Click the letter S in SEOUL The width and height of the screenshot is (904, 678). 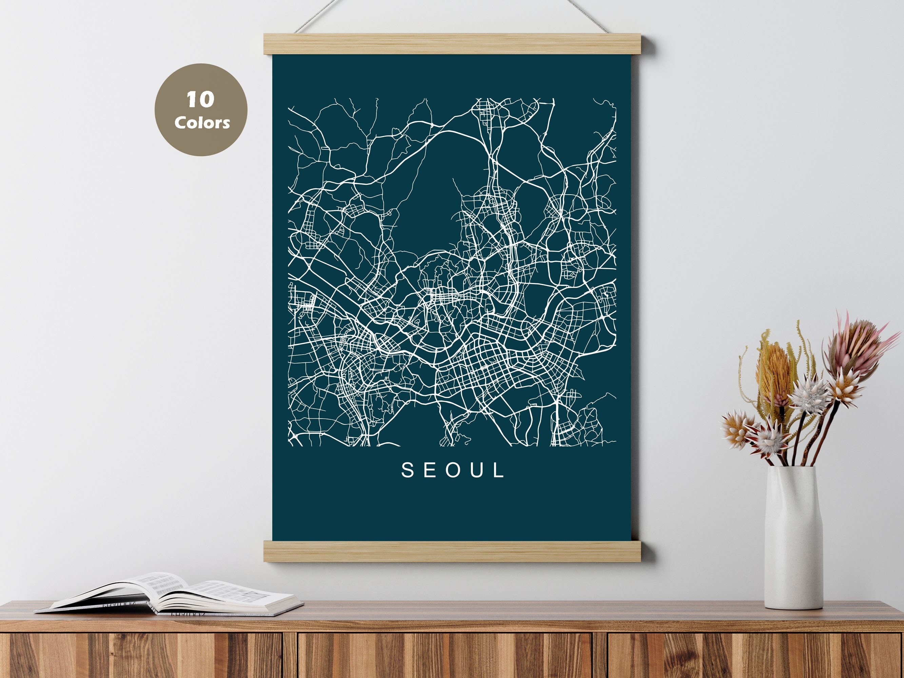click(x=408, y=471)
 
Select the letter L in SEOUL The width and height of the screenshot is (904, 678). click(x=499, y=471)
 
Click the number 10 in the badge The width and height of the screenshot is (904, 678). click(x=200, y=100)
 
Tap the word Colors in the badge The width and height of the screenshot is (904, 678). click(x=202, y=123)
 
